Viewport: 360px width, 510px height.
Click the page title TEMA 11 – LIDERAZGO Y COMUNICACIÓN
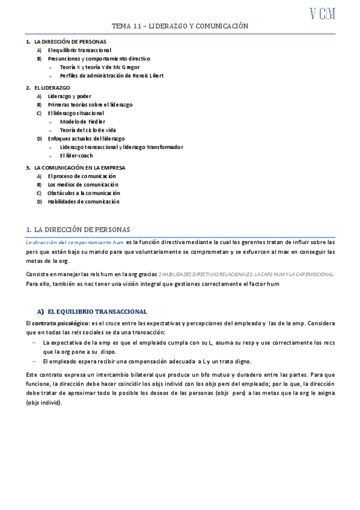(180, 26)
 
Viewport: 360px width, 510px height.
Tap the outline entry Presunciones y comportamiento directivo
(99, 58)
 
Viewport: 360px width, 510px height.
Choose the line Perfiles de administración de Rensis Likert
(111, 76)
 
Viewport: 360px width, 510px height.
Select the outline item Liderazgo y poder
(71, 96)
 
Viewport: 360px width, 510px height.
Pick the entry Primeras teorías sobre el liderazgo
(90, 105)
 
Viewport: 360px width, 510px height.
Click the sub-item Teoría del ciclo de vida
(90, 130)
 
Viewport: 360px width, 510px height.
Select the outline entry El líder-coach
(76, 155)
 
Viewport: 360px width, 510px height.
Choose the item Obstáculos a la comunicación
(84, 193)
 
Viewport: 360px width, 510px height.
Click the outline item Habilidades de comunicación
(84, 201)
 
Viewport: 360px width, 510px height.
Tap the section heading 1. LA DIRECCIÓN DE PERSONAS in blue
(82, 229)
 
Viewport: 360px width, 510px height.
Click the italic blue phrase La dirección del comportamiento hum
(75, 242)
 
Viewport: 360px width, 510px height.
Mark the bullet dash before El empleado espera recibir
(34, 361)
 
